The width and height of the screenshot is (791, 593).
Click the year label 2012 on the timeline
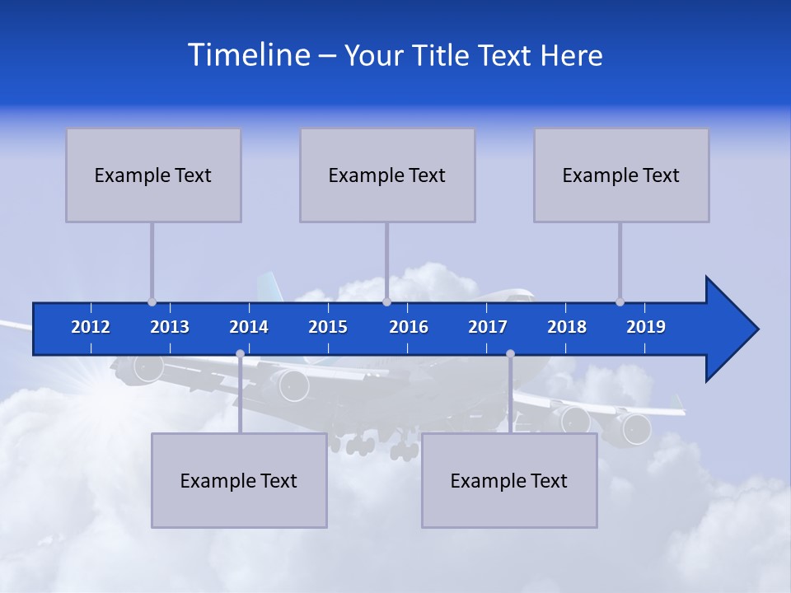(x=91, y=327)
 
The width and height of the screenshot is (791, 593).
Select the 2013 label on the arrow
(x=170, y=327)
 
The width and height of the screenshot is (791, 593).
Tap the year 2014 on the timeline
(x=249, y=327)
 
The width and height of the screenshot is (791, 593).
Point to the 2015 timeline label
(x=328, y=327)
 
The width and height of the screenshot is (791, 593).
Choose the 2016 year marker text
(x=409, y=327)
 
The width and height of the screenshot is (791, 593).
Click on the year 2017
(x=488, y=327)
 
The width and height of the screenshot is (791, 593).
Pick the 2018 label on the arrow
(x=567, y=327)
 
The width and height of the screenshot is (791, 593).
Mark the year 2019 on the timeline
(x=646, y=327)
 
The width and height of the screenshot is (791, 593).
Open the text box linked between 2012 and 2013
(x=153, y=175)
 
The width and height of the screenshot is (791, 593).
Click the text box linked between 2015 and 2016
(x=387, y=175)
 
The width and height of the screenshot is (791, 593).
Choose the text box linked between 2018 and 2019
(x=621, y=175)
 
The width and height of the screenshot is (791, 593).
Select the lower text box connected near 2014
(x=239, y=480)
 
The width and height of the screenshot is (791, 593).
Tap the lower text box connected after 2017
(x=509, y=480)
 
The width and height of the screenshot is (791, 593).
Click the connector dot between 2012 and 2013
(x=152, y=301)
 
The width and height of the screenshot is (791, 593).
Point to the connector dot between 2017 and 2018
(x=510, y=354)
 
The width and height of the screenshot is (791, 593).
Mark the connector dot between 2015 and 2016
(x=386, y=301)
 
